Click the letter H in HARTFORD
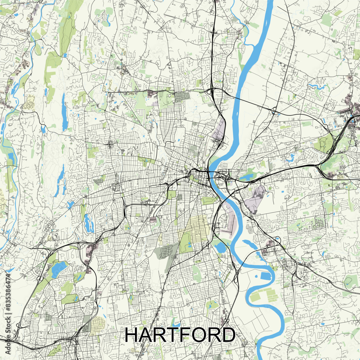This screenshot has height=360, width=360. pyautogui.click(x=132, y=335)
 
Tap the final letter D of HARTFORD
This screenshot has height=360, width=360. pyautogui.click(x=228, y=335)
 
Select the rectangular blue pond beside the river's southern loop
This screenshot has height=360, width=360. pyautogui.click(x=266, y=276)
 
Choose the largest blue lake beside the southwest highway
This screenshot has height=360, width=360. pyautogui.click(x=58, y=269)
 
